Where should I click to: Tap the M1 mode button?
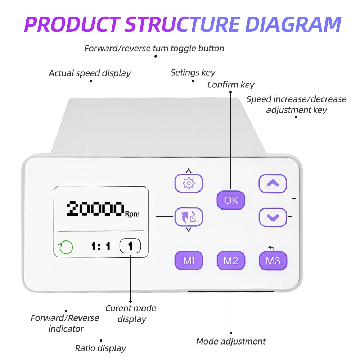189,261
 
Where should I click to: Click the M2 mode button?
231,261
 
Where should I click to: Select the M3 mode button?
273,261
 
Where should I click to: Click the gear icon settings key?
189,183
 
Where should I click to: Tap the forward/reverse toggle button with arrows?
189,217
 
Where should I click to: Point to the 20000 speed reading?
95,209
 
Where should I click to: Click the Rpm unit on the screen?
132,214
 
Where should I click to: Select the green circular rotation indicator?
66,247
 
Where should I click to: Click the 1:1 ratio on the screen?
101,247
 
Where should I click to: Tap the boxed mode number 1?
130,246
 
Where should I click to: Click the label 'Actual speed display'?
90,73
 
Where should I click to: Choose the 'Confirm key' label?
231,85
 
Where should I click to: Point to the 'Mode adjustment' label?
231,342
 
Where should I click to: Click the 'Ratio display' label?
100,348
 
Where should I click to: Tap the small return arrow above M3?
271,247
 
